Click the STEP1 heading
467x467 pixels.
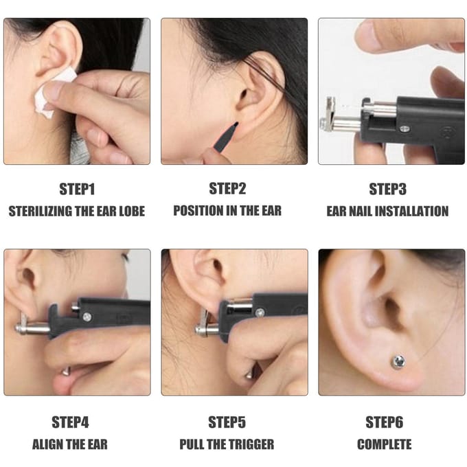click(77, 189)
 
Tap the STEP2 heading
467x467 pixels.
click(227, 189)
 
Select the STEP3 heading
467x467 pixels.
click(387, 189)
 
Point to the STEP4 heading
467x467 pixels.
click(70, 422)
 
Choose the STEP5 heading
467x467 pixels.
click(227, 422)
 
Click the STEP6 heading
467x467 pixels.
click(384, 422)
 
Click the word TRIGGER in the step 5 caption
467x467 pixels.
click(252, 444)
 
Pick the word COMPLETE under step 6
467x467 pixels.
click(384, 444)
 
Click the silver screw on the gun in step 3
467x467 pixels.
click(404, 129)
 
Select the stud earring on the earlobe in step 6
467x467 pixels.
click(398, 361)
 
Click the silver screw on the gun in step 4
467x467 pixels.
click(87, 317)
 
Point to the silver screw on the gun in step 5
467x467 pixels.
click(260, 312)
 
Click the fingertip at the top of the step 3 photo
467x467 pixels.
click(369, 36)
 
